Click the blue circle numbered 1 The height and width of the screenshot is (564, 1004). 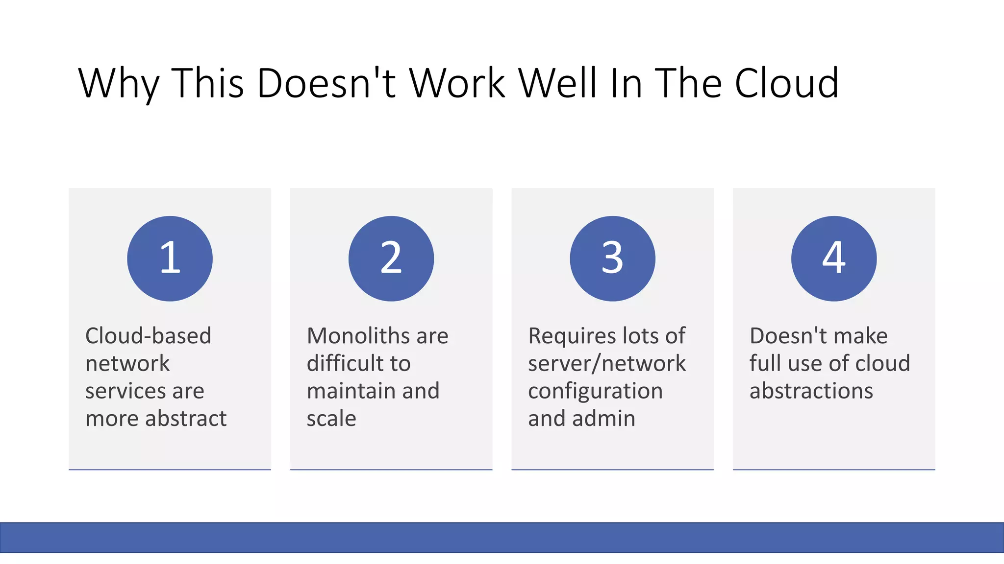pyautogui.click(x=170, y=258)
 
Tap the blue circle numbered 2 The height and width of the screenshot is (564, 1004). pyautogui.click(x=391, y=258)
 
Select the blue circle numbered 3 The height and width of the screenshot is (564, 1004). pyautogui.click(x=612, y=258)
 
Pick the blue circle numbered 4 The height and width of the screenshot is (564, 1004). pyautogui.click(x=834, y=258)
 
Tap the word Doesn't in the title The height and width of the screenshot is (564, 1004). pyautogui.click(x=326, y=83)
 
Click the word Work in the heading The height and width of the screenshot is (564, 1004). pyautogui.click(x=457, y=83)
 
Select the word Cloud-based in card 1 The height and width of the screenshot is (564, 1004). pyautogui.click(x=148, y=336)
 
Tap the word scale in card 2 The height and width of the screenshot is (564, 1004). pyautogui.click(x=331, y=419)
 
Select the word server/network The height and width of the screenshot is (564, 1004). pyautogui.click(x=607, y=363)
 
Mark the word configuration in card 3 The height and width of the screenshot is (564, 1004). pyautogui.click(x=595, y=391)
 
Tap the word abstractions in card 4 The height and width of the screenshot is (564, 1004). pyautogui.click(x=811, y=391)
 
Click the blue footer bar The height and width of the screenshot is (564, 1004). pyautogui.click(x=502, y=538)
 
